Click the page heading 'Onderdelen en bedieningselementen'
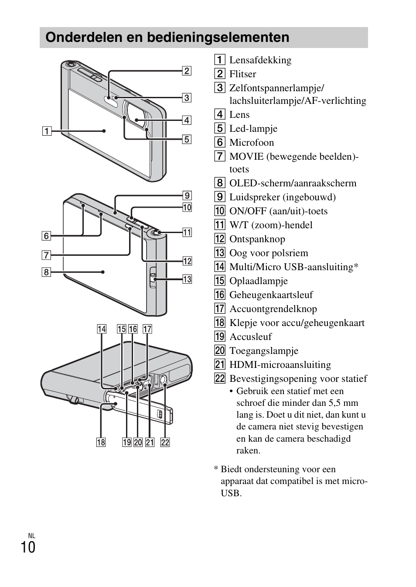(167, 38)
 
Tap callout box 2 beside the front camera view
(187, 71)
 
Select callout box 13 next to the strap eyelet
(187, 279)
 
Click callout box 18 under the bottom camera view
(101, 443)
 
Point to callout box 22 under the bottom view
(165, 443)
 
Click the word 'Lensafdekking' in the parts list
(260, 60)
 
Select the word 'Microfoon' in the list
(252, 143)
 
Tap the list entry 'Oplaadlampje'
(258, 281)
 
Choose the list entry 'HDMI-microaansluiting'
(280, 365)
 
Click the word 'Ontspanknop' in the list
(257, 239)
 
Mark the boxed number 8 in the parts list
(220, 183)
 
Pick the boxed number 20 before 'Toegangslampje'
(220, 351)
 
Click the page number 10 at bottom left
(28, 547)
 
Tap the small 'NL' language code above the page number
(31, 536)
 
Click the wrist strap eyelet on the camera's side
(153, 276)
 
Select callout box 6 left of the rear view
(46, 236)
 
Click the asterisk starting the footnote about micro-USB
(216, 470)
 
